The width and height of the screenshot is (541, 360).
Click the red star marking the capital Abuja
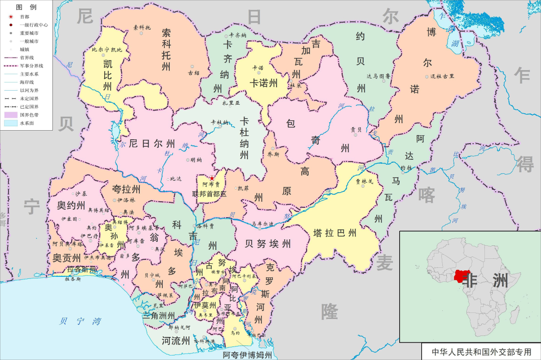pos(212,178)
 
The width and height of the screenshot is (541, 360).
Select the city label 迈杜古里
pos(442,76)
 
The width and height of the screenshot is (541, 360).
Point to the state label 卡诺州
pos(264,83)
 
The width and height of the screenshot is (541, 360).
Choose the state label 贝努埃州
pos(267,244)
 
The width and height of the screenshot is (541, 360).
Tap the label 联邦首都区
pos(209,193)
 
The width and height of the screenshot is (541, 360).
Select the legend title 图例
pos(26,8)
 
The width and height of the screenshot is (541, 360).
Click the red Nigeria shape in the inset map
pos(461,276)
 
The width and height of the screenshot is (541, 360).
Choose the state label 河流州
pos(176,341)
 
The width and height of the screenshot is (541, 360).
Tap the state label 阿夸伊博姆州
pos(247,355)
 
